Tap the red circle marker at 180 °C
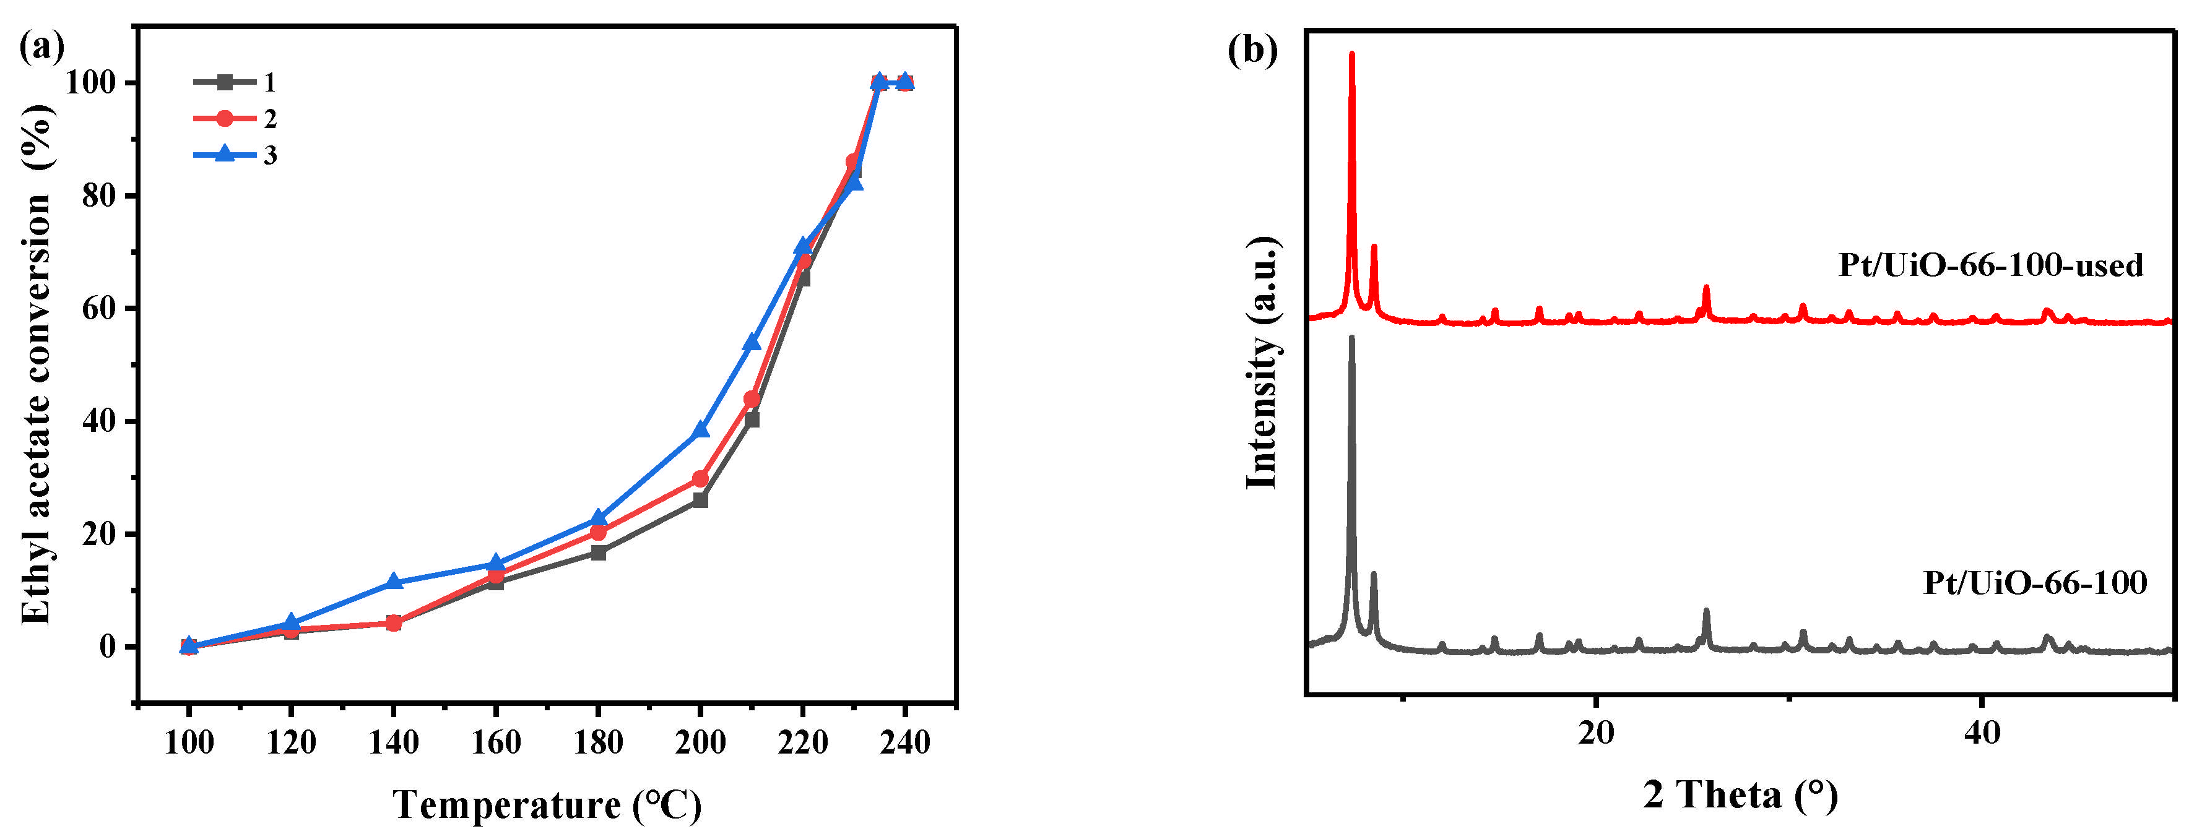[x=597, y=532]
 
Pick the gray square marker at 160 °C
[x=496, y=583]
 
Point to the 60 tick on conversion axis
[x=96, y=309]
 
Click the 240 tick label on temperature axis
[x=904, y=742]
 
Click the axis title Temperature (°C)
[x=547, y=804]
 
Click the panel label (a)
[x=41, y=47]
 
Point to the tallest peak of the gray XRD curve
[x=1351, y=338]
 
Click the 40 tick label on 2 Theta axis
[x=1982, y=733]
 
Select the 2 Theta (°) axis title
[x=1740, y=794]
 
